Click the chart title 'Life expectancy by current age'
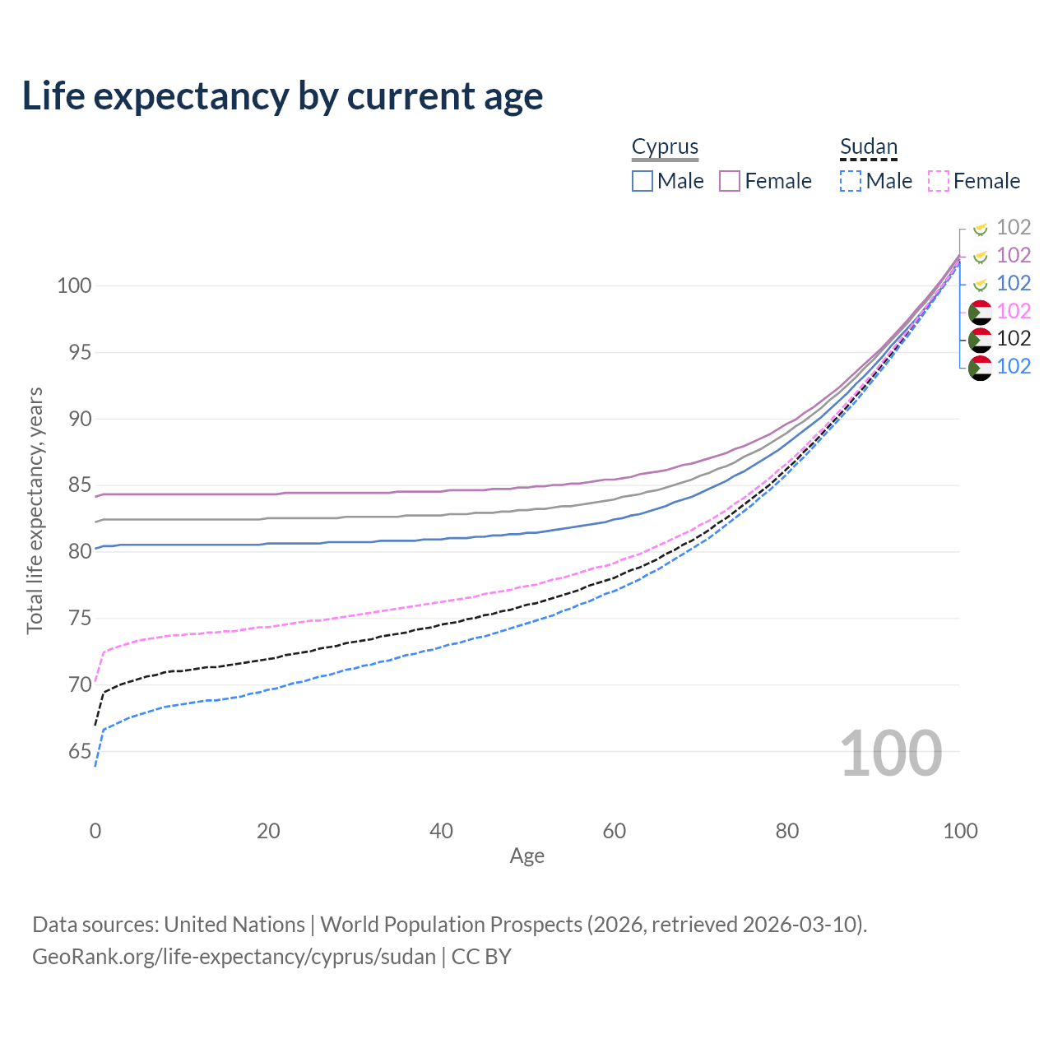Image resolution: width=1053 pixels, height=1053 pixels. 282,96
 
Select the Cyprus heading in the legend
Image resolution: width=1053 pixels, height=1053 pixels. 665,147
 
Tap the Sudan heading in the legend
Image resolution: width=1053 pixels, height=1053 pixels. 868,147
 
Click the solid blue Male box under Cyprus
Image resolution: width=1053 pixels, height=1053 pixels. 642,181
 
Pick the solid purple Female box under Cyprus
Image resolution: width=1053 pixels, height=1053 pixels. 730,181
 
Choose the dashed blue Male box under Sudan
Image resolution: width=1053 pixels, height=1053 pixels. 851,181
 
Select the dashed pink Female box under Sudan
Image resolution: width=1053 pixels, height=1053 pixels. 939,181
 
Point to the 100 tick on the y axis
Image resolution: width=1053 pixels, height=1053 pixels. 73,286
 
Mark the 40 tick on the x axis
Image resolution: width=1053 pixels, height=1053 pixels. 441,831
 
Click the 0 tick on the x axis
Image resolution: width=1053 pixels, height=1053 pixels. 95,831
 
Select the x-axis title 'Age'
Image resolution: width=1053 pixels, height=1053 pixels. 526,856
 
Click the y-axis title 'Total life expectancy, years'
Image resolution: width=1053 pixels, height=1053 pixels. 35,510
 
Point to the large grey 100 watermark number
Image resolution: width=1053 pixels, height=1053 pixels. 890,754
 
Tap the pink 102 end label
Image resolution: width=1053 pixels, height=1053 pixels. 1014,311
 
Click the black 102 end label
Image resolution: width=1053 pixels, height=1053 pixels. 1014,338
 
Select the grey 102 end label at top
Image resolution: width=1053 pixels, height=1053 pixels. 1014,227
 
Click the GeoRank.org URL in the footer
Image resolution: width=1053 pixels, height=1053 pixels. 234,957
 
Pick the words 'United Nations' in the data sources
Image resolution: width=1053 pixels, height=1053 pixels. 234,925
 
